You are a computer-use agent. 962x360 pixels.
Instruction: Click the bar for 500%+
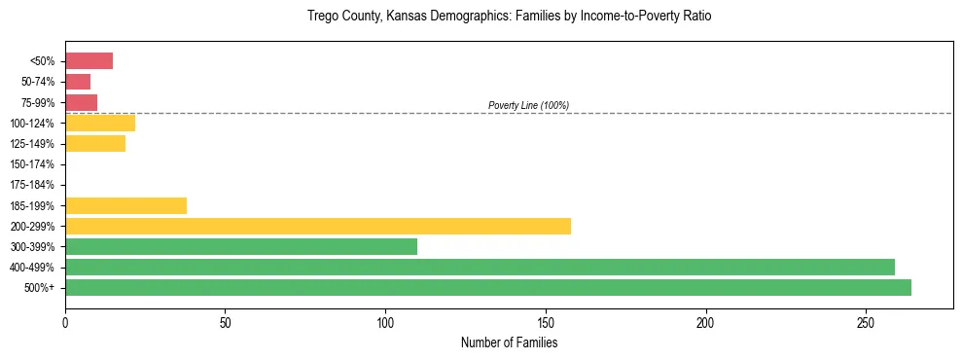[488, 287]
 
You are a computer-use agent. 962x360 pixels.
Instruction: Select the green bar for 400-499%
[480, 267]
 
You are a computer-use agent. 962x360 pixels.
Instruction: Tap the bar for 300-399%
[241, 246]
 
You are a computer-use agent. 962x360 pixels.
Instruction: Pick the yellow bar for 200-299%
[318, 226]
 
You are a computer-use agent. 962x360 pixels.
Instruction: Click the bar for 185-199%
[125, 205]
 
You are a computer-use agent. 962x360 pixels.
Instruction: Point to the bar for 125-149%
[95, 144]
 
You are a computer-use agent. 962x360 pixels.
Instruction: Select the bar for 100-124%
[100, 124]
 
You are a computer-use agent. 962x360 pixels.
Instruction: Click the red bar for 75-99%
[81, 102]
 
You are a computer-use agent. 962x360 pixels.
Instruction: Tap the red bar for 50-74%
[78, 82]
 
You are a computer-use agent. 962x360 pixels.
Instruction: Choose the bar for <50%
[89, 61]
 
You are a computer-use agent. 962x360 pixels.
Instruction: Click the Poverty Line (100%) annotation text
[528, 105]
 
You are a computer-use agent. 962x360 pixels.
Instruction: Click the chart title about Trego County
[510, 17]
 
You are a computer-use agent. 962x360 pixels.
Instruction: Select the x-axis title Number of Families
[509, 342]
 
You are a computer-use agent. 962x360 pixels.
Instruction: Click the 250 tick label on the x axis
[866, 321]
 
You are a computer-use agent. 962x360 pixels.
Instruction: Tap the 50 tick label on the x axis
[225, 321]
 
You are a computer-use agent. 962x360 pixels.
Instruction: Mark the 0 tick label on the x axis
[65, 321]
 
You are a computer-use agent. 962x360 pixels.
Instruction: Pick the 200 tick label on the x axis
[705, 321]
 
